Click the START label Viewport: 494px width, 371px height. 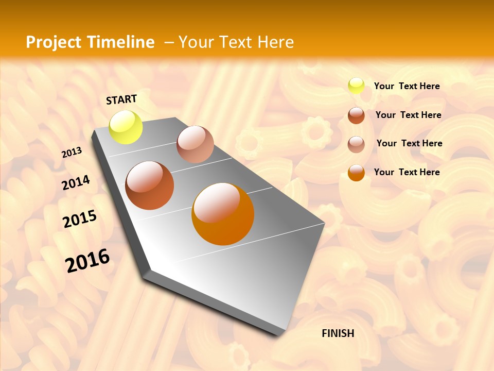tap(121, 99)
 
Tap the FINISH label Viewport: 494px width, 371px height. tap(338, 333)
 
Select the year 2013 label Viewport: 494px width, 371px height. tap(72, 153)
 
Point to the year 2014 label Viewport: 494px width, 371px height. tap(76, 183)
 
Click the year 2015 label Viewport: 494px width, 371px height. tap(80, 219)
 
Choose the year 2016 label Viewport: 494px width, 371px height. tap(87, 260)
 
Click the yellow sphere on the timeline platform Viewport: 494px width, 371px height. tap(126, 127)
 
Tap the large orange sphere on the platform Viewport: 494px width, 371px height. tap(223, 214)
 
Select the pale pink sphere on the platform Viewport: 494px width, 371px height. tap(195, 144)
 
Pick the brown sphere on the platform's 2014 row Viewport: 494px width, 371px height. tap(150, 185)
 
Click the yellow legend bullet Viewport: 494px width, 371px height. tap(356, 86)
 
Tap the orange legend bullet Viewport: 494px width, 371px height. tap(356, 173)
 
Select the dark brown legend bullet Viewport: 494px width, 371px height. tap(356, 115)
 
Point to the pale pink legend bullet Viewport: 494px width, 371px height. tap(356, 144)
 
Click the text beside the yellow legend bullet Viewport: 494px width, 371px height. tap(407, 86)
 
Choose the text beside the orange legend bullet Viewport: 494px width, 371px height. tap(407, 172)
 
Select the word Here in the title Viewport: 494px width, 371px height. tap(275, 42)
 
